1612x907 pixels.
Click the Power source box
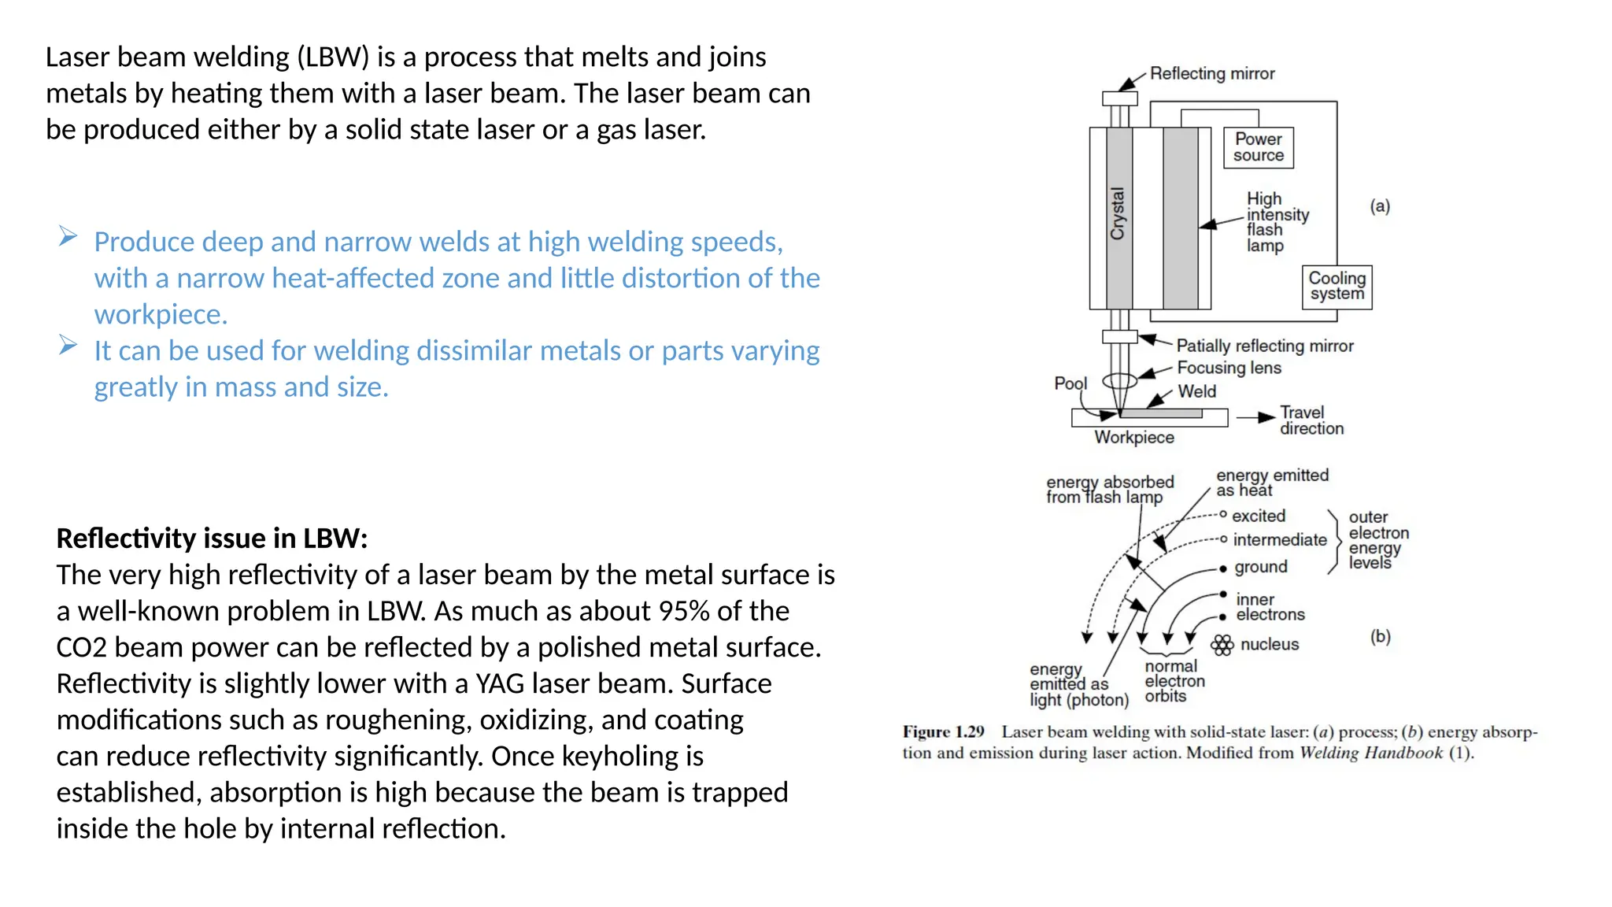point(1258,147)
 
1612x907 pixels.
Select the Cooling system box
point(1337,287)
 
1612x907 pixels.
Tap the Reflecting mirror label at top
point(1211,73)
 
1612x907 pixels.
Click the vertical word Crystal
point(1118,213)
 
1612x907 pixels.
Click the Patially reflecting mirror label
point(1264,346)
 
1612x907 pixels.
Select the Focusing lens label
point(1229,368)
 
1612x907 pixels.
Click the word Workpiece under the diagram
point(1133,438)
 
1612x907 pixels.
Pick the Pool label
point(1070,383)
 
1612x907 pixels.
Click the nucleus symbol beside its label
point(1222,646)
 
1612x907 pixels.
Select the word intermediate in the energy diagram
point(1279,540)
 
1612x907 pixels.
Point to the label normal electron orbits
point(1174,681)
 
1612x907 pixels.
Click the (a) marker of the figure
point(1379,206)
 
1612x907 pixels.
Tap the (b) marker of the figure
point(1380,636)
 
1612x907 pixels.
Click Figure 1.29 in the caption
point(943,732)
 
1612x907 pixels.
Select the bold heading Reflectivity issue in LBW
point(212,539)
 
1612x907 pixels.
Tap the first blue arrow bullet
point(68,236)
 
